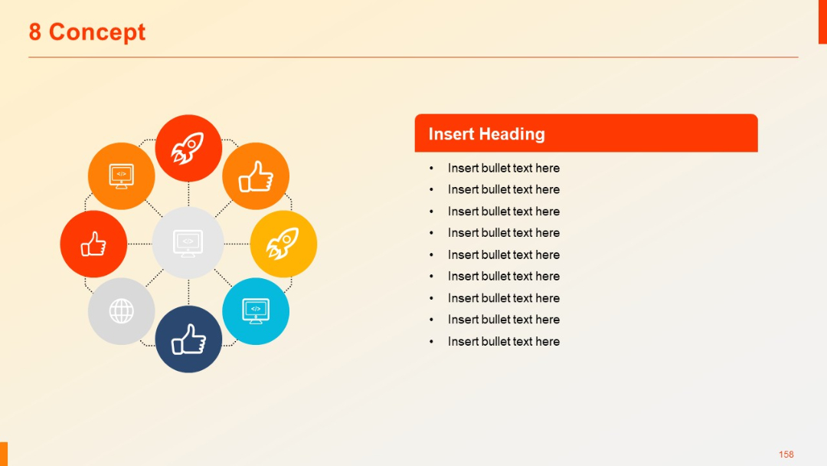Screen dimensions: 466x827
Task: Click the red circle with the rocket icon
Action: click(x=188, y=148)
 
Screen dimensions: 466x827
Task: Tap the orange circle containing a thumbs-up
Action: click(x=256, y=176)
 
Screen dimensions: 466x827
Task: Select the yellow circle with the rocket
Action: click(x=283, y=244)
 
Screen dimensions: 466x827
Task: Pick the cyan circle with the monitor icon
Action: click(x=256, y=310)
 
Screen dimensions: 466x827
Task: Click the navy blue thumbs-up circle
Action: click(x=188, y=339)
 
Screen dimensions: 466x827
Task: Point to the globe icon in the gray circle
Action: click(x=121, y=311)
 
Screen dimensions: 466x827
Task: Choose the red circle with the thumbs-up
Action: click(x=93, y=244)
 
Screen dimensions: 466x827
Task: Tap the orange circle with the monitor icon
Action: click(x=121, y=176)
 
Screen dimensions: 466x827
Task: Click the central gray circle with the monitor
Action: click(x=188, y=242)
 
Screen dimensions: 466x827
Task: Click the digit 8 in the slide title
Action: click(x=35, y=32)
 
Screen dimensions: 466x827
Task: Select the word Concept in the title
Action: click(x=97, y=32)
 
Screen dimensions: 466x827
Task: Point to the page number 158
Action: click(x=786, y=455)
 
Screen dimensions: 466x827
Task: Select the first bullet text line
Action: click(x=503, y=168)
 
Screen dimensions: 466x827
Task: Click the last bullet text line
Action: click(x=503, y=341)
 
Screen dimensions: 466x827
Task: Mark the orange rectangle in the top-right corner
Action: click(x=822, y=21)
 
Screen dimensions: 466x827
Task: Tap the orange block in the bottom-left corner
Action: click(x=3, y=454)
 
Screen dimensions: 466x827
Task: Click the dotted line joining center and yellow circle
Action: click(x=237, y=244)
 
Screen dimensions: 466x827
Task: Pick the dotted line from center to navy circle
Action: click(x=188, y=292)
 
